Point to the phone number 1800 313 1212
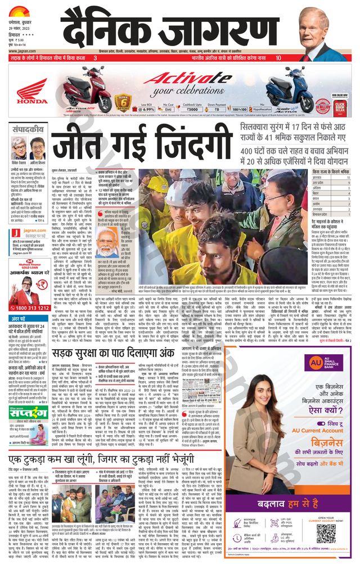[35, 308]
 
